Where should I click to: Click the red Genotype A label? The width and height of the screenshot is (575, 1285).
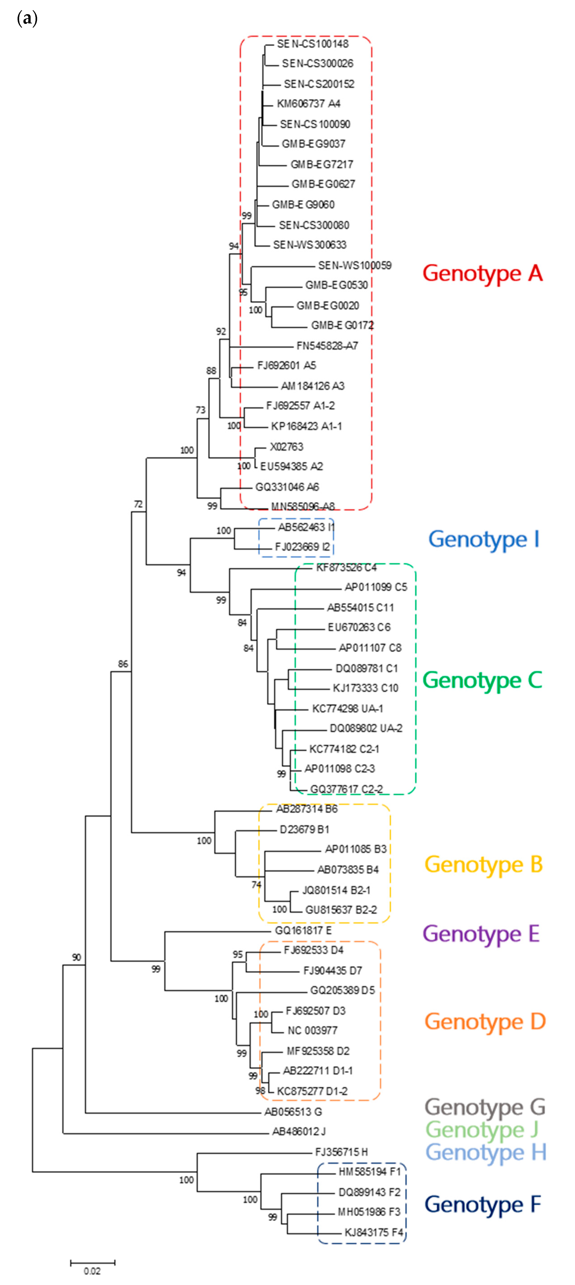pos(482,273)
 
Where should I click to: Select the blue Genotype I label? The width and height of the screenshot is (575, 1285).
pos(484,539)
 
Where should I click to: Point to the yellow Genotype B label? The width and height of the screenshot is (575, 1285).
pos(483,864)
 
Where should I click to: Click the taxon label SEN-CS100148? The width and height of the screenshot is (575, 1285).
pos(313,44)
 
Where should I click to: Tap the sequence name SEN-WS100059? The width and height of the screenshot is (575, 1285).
pos(355,265)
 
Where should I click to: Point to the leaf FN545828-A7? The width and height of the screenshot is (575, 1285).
pos(327,346)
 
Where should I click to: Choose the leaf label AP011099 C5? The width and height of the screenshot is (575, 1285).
pos(376,587)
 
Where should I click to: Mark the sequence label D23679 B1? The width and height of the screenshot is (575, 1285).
pos(304,830)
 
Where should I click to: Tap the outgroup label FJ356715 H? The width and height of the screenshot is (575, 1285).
pos(341,1152)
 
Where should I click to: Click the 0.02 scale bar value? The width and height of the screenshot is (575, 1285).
pos(92,1271)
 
